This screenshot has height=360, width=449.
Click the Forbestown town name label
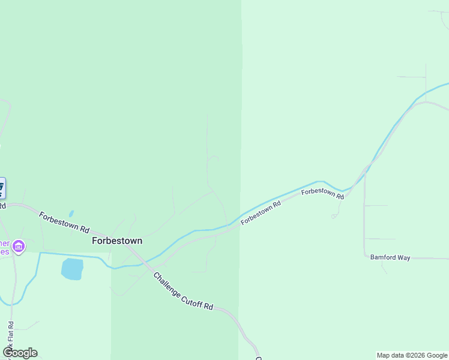(117, 241)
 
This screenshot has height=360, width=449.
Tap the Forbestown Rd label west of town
(64, 222)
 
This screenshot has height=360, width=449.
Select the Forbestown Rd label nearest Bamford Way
(322, 193)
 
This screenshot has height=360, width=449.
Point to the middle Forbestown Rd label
(261, 213)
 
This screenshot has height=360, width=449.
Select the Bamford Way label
(390, 257)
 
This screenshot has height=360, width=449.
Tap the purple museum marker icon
(19, 246)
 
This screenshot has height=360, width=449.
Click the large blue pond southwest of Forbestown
(72, 269)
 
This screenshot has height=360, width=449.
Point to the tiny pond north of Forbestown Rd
(71, 213)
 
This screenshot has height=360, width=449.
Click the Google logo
(20, 353)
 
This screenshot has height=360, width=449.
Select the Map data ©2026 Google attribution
(412, 355)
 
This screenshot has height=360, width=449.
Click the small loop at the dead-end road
(333, 216)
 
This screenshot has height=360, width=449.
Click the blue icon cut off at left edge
(2, 188)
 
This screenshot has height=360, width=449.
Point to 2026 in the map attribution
(412, 355)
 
